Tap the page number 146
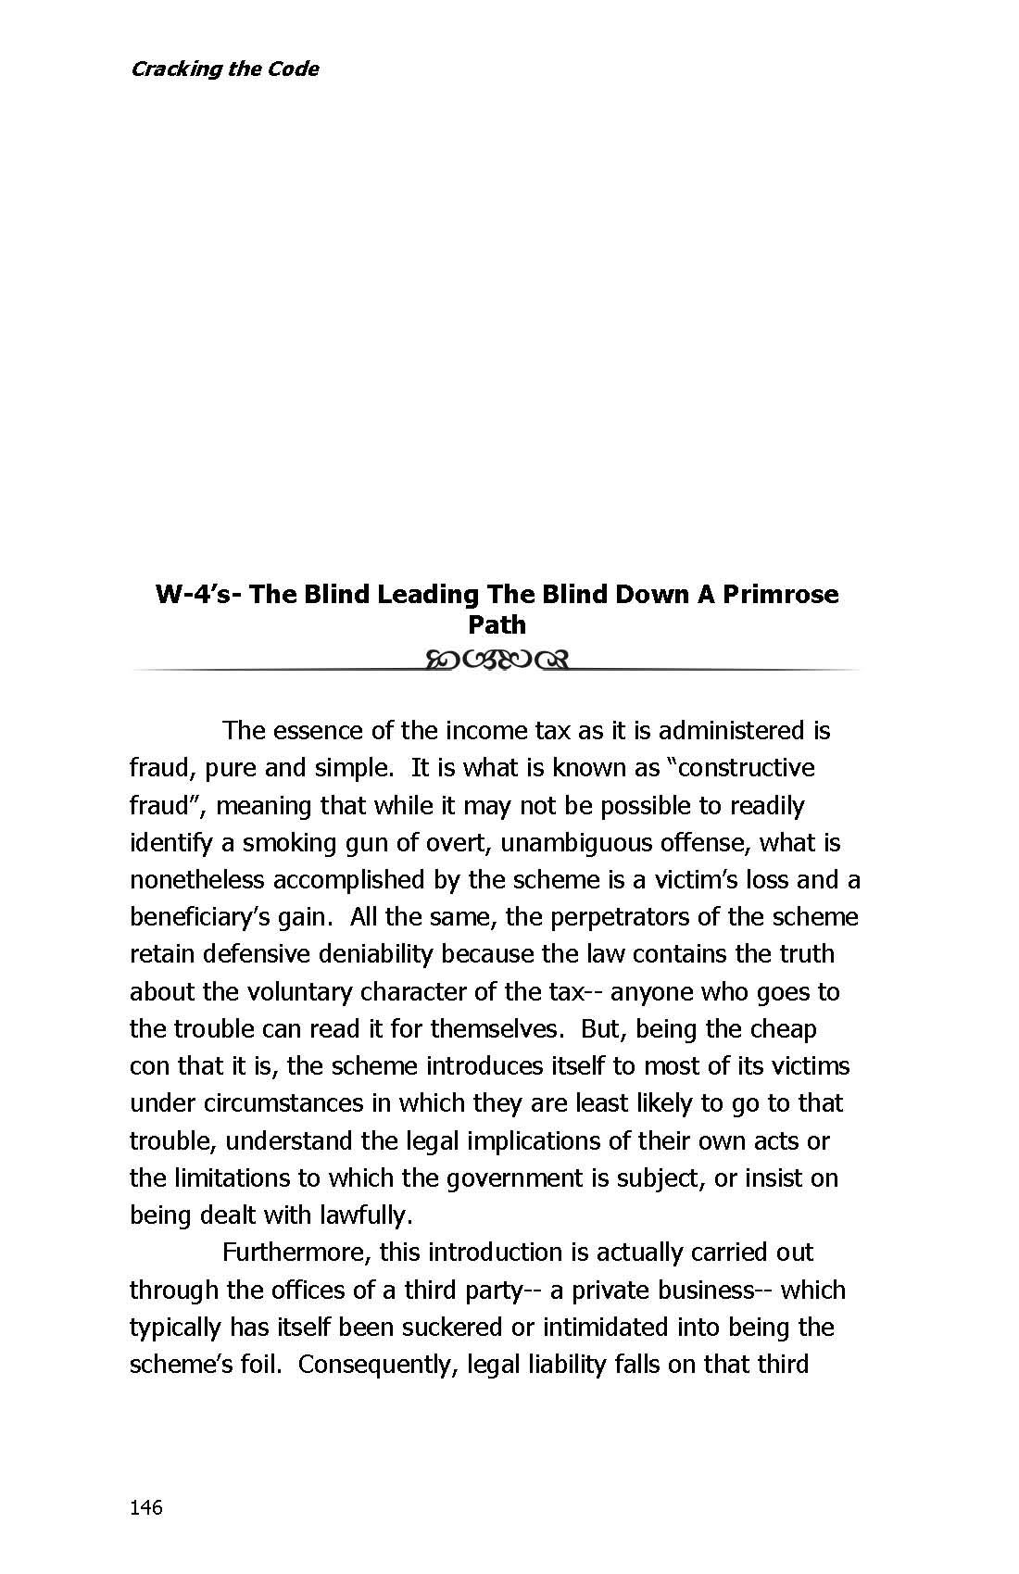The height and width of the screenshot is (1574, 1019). click(x=146, y=1507)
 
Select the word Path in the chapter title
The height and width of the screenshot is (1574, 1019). click(x=497, y=624)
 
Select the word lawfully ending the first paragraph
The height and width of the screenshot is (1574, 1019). click(x=365, y=1215)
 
